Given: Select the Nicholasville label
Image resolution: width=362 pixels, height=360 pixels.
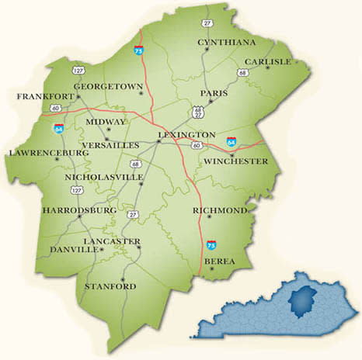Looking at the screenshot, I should pyautogui.click(x=103, y=178).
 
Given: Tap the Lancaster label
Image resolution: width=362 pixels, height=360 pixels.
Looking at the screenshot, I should pyautogui.click(x=114, y=241).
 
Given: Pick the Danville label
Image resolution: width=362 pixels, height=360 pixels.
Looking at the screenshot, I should pyautogui.click(x=73, y=250).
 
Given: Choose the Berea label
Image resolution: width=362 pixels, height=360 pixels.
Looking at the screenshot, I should pyautogui.click(x=218, y=262).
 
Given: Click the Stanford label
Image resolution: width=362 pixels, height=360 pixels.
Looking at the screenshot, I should pyautogui.click(x=110, y=287).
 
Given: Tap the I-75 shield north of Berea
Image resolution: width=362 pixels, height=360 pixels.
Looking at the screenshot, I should pyautogui.click(x=211, y=245).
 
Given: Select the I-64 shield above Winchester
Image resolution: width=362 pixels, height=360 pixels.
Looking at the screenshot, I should pyautogui.click(x=231, y=142).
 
